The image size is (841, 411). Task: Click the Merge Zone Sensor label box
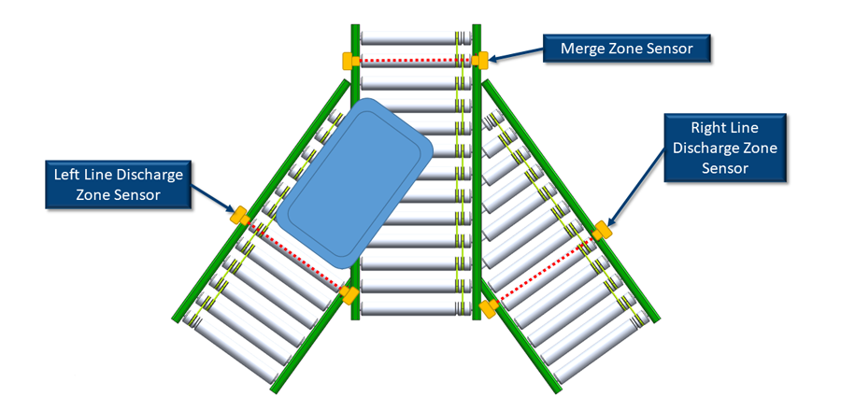pos(627,49)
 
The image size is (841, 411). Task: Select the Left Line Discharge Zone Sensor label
pos(118,183)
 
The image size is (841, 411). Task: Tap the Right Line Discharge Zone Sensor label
pos(725,148)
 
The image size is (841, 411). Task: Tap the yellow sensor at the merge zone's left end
pos(349,61)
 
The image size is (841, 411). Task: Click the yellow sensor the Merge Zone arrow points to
pos(480,60)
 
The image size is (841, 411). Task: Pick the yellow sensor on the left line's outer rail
pos(239,215)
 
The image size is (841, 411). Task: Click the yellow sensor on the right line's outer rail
pos(604,230)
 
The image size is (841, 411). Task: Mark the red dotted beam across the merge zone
pos(415,61)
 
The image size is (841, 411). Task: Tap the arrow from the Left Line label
pos(213,198)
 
